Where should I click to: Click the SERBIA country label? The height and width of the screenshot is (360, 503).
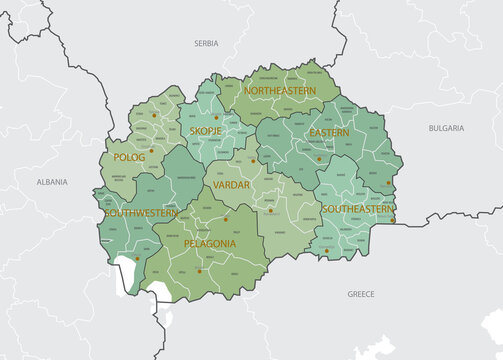(x=206, y=44)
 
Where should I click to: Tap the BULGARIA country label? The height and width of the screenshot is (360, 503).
(x=446, y=128)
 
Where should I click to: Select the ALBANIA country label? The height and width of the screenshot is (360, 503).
(x=52, y=183)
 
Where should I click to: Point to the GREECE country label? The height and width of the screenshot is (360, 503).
(x=360, y=294)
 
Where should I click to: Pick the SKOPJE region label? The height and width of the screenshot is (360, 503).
(x=205, y=131)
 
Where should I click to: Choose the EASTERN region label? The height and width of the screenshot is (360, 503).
(x=329, y=132)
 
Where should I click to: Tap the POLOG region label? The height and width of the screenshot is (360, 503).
(x=129, y=157)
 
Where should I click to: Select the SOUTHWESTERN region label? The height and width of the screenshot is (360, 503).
(x=141, y=213)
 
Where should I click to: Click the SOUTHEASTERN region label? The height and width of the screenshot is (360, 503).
(x=357, y=209)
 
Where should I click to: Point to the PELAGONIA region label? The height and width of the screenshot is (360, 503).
(x=210, y=243)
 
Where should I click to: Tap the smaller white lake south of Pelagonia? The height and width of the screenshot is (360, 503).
(x=160, y=291)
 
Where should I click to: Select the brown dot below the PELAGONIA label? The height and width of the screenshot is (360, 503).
(x=199, y=271)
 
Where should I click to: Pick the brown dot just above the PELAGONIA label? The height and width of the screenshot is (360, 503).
(x=226, y=219)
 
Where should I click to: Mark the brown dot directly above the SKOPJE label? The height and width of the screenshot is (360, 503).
(x=219, y=115)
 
